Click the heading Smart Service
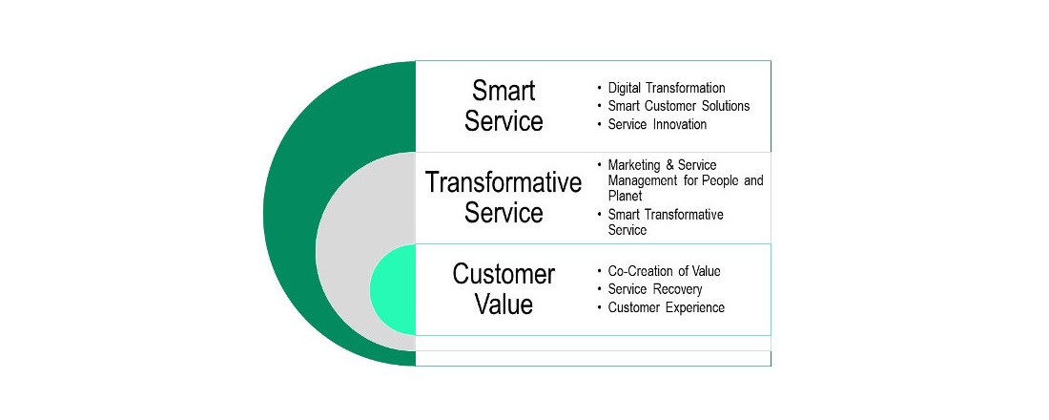point(504,106)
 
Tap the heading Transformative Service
point(504,198)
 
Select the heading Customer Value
point(504,289)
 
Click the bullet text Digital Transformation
point(667,88)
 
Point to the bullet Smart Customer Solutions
point(678,106)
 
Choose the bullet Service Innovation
point(657,124)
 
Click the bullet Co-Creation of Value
point(664,271)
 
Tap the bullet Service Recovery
point(655,289)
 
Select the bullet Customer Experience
point(666,307)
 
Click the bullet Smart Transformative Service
point(666,222)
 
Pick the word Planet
point(625,197)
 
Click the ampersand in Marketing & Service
point(669,165)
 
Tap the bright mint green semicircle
point(392,289)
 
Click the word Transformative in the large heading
point(504,182)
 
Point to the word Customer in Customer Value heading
point(504,274)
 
